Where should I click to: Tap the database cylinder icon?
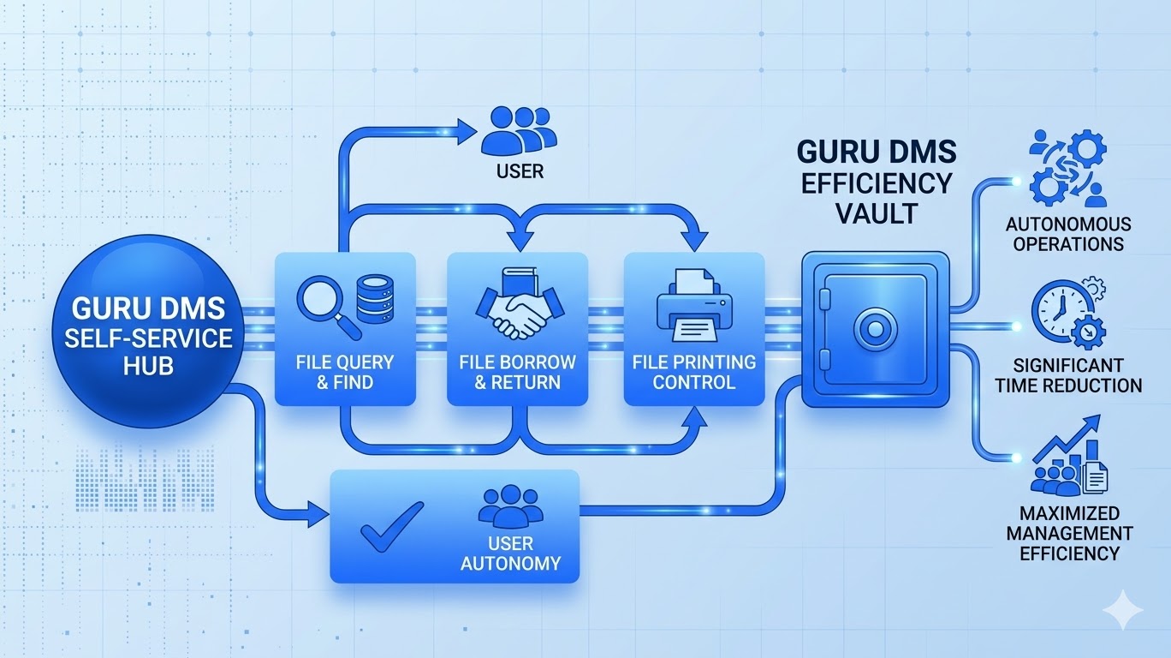[x=375, y=302]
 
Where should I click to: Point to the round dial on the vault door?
[x=874, y=329]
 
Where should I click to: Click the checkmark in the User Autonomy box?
[x=391, y=525]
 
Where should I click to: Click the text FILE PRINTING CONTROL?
[x=693, y=371]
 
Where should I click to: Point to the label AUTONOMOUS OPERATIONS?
[x=1067, y=234]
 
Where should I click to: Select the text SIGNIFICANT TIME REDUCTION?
[x=1068, y=375]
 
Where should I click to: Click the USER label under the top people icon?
[x=520, y=171]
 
